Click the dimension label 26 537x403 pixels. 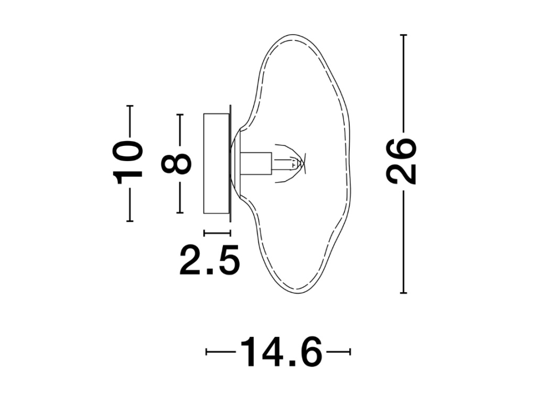(x=401, y=161)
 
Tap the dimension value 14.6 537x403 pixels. (x=282, y=352)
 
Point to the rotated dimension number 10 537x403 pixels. (x=127, y=163)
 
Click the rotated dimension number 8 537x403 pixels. (x=176, y=163)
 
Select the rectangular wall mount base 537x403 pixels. (x=217, y=164)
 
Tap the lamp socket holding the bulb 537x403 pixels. (x=256, y=164)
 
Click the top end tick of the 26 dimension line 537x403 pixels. (x=403, y=35)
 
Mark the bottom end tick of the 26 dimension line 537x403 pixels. (x=403, y=293)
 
